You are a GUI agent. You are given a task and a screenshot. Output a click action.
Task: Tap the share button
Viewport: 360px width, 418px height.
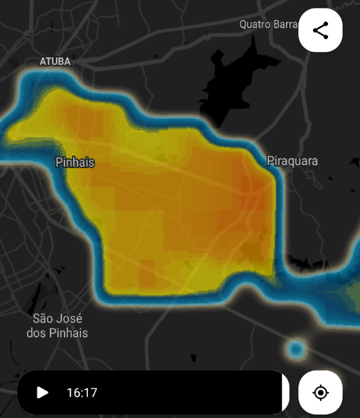pos(321,30)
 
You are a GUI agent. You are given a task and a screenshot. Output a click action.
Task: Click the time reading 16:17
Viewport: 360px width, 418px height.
pos(82,393)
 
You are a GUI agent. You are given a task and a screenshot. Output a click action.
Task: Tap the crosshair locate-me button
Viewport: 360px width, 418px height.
pos(321,393)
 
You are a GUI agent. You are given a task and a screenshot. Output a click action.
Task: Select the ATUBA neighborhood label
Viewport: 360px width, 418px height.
pos(55,62)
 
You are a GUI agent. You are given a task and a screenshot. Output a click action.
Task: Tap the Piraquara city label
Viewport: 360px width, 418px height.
pos(292,161)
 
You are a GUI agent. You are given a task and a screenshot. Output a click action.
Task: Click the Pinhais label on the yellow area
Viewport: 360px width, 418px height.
pos(75,163)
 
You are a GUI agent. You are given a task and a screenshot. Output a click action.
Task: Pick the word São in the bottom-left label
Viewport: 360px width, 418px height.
pos(43,319)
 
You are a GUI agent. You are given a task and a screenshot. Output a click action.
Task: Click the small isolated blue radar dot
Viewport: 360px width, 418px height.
pos(297,349)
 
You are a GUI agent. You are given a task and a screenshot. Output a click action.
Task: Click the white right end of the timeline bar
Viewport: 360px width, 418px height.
pos(285,393)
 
